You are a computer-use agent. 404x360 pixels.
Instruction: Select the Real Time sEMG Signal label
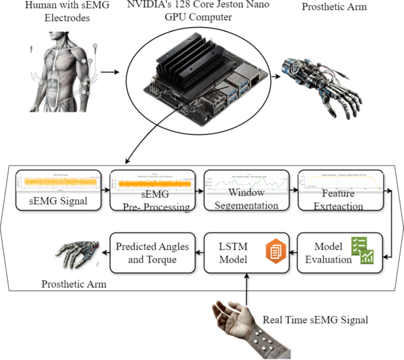(x=315, y=320)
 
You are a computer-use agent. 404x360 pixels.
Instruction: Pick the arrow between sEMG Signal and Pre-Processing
(x=106, y=190)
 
